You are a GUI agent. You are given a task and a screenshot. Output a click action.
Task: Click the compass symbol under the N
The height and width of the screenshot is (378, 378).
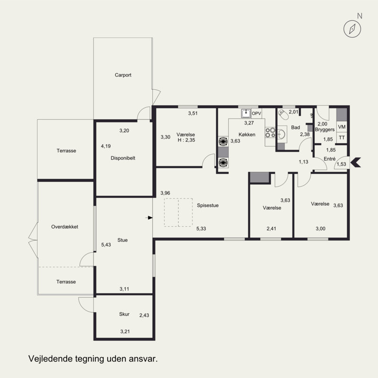point(352,29)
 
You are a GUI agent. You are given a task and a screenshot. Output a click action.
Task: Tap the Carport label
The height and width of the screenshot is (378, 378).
point(123,75)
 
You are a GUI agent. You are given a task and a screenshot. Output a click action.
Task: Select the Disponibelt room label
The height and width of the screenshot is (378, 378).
point(123,158)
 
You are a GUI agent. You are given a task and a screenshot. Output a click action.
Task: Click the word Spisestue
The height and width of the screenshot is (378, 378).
point(208,206)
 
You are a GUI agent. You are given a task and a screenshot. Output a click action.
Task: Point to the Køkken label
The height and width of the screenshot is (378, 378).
point(247,135)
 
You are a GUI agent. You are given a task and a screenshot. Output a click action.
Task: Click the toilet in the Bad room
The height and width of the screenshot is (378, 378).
point(283,114)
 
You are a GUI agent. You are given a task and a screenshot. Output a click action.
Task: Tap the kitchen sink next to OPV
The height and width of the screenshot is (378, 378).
point(246,113)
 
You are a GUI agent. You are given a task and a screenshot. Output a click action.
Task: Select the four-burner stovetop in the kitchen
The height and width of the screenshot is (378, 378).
point(270,133)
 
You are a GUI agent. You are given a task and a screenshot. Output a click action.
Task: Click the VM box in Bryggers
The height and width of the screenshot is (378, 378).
point(342,127)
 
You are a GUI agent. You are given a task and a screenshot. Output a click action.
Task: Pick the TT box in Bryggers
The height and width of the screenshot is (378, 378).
point(342,137)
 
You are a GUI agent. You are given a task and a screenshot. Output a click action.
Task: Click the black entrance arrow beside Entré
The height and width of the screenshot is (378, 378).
point(356,162)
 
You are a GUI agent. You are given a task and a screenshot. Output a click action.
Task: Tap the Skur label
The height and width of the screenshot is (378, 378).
point(124,314)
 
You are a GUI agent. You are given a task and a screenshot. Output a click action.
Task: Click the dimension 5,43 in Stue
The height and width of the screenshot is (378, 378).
point(106,245)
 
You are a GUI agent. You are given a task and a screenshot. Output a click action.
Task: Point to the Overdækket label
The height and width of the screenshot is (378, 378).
point(65,227)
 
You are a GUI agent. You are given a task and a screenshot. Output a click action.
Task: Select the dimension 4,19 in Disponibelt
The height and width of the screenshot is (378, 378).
point(106,146)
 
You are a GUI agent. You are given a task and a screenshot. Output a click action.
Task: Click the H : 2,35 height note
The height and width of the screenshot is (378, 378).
point(186,140)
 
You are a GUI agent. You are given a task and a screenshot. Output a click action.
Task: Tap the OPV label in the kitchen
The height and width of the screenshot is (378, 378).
point(256,113)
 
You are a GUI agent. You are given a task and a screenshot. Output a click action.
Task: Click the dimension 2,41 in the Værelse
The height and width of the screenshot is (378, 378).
point(271,229)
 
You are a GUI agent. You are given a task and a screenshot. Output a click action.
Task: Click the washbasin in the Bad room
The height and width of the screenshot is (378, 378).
point(282,134)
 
